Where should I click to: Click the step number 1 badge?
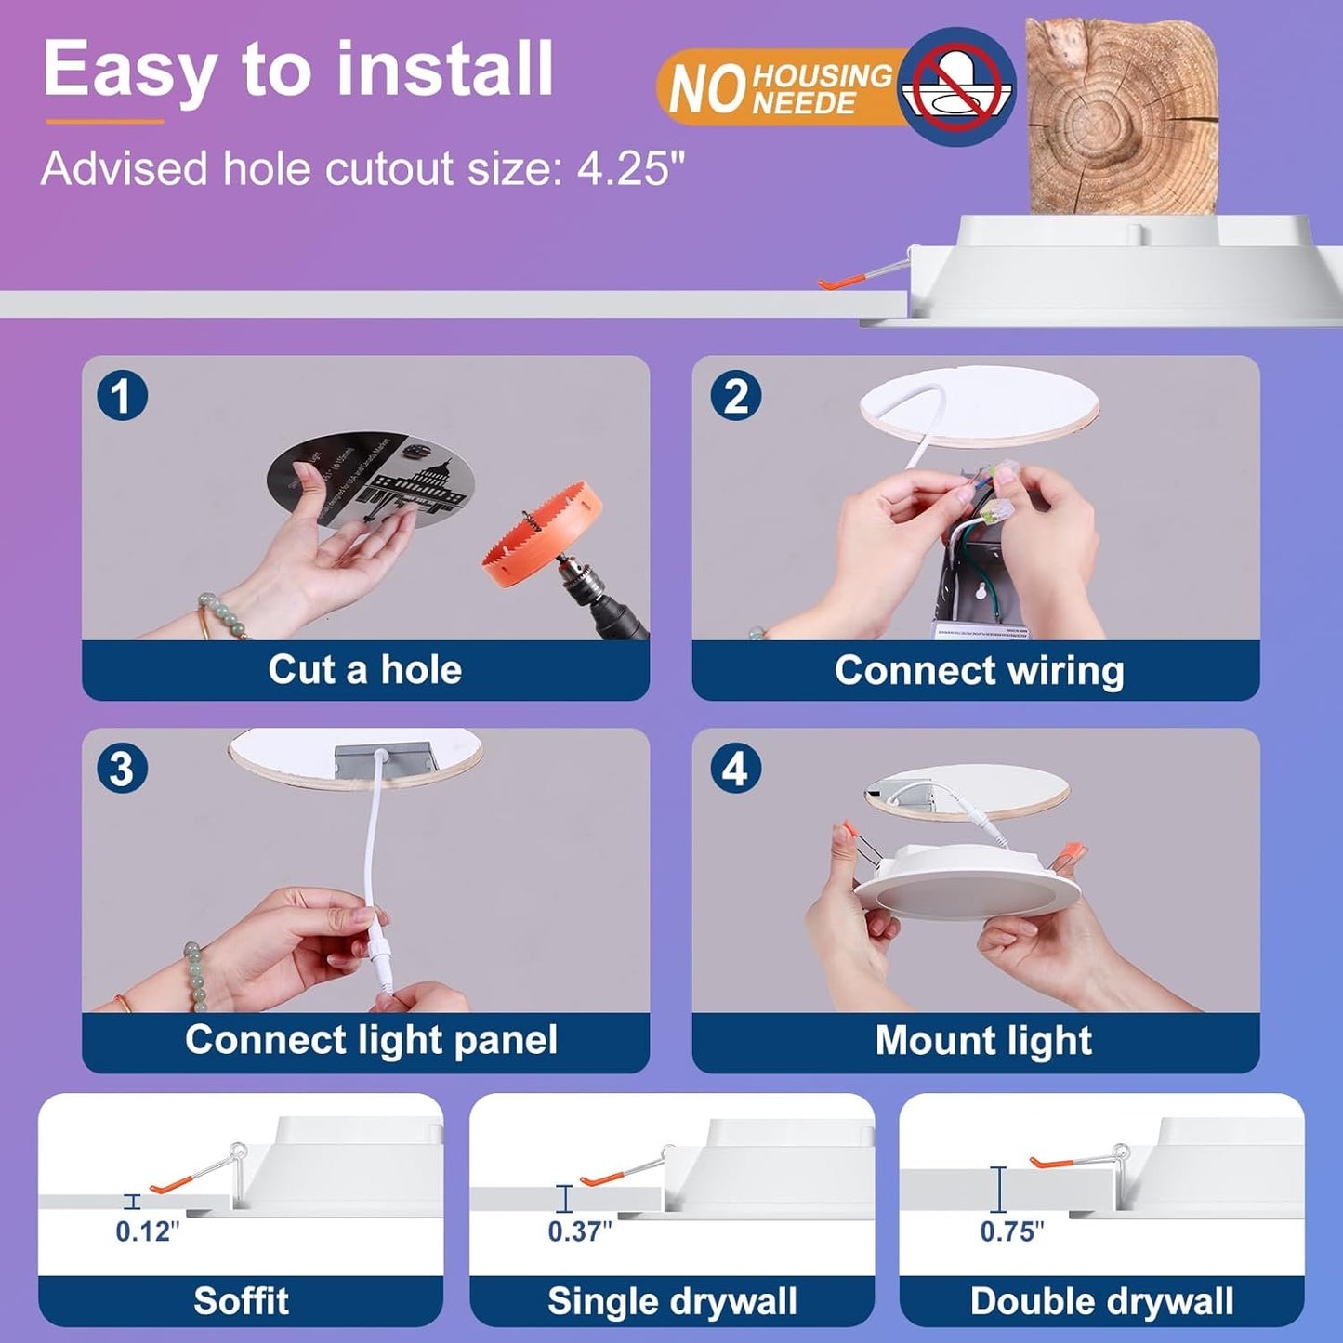tap(122, 396)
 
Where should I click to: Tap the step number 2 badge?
tap(735, 396)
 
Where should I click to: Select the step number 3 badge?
tap(122, 769)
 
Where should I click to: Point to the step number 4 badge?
tap(735, 769)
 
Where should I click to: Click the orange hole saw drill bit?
tap(542, 534)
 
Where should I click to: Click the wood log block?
tap(1120, 116)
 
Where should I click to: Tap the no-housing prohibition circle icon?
tap(957, 86)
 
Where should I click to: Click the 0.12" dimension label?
tap(147, 1231)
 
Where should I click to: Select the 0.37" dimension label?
tap(579, 1231)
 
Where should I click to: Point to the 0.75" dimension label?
tap(1011, 1231)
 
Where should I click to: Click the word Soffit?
tap(241, 1300)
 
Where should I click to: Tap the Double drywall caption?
tap(1101, 1300)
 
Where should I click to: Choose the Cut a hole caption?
tap(364, 669)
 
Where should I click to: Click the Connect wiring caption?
tap(979, 669)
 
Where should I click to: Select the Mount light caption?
tap(983, 1040)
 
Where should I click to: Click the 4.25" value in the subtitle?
tap(630, 169)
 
